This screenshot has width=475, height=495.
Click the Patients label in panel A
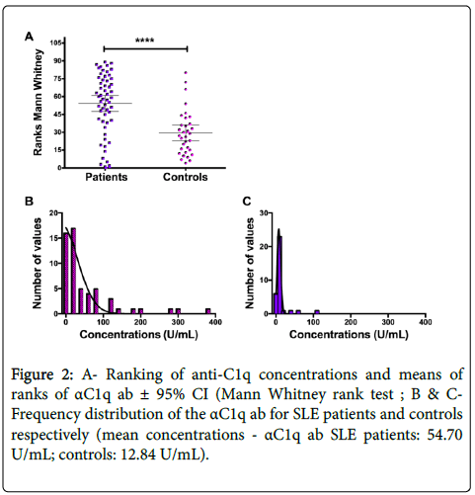106,177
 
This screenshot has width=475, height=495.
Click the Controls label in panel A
186,177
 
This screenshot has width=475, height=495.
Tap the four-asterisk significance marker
145,41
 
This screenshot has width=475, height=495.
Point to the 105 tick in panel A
55,42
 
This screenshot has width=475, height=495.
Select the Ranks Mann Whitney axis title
39,103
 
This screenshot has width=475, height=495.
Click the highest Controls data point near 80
186,72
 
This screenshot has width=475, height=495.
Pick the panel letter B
29,201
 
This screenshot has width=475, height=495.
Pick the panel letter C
247,201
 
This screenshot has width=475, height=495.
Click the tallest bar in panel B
73,271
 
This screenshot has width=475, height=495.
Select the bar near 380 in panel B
208,311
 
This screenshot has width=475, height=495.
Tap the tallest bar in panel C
279,275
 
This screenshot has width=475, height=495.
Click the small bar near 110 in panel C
317,312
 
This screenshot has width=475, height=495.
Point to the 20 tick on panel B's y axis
53,213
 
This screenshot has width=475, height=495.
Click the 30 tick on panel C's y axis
264,213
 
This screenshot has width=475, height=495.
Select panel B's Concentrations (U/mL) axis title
138,335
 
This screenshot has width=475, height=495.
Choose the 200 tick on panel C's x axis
351,322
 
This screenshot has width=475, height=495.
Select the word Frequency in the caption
45,415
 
